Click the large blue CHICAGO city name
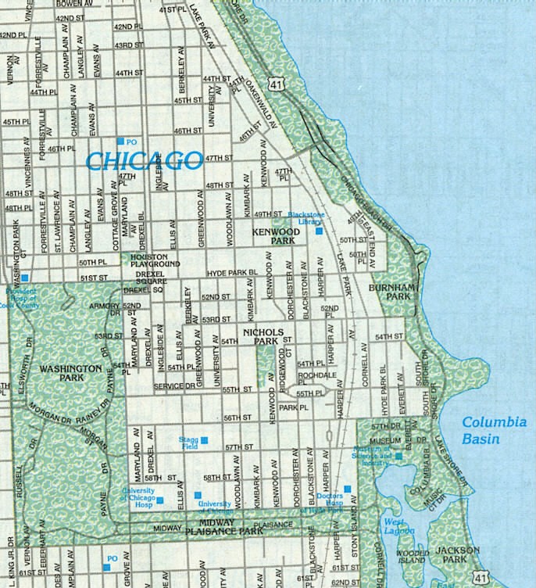point(144,161)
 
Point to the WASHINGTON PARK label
point(70,372)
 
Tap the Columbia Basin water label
point(494,430)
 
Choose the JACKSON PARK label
point(458,555)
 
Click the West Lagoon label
point(395,527)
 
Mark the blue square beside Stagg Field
point(204,441)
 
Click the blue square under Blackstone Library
point(318,231)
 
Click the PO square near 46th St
point(120,141)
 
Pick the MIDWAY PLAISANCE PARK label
point(220,526)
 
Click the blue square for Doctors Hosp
point(348,489)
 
